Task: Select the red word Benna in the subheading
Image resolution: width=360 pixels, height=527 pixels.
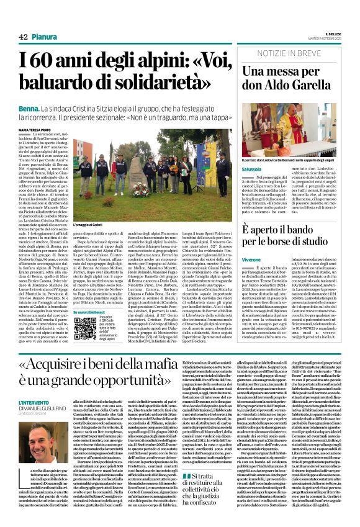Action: [x=28, y=107]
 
